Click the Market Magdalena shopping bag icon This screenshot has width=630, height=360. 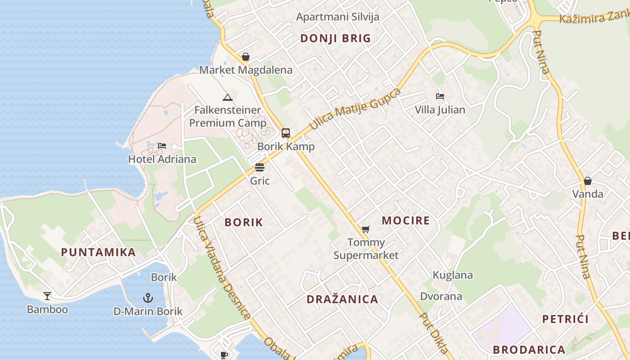[x=246, y=57]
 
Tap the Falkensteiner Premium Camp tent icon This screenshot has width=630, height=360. [x=228, y=97]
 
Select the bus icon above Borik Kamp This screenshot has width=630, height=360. [x=286, y=133]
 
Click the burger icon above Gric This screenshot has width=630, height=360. [x=260, y=167]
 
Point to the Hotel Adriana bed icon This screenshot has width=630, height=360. [x=162, y=146]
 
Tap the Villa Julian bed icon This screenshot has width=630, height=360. [x=440, y=96]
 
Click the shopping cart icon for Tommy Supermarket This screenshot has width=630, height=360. [x=366, y=229]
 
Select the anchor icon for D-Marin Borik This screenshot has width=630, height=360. [x=148, y=297]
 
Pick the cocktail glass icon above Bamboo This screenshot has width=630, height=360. [x=47, y=296]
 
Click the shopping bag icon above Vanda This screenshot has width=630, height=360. [x=588, y=181]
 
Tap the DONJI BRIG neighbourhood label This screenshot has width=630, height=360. [x=336, y=38]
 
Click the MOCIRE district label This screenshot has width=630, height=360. [x=406, y=220]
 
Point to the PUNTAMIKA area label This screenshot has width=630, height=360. [x=99, y=252]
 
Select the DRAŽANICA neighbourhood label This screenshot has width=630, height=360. [x=342, y=299]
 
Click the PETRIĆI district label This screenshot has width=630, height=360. [x=566, y=319]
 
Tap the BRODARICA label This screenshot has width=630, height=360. [x=529, y=350]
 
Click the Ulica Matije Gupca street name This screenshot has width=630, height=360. [x=355, y=109]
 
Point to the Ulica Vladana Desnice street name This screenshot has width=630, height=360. [x=222, y=268]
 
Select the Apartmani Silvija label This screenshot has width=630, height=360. [x=338, y=17]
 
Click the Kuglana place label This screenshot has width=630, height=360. [x=453, y=275]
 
